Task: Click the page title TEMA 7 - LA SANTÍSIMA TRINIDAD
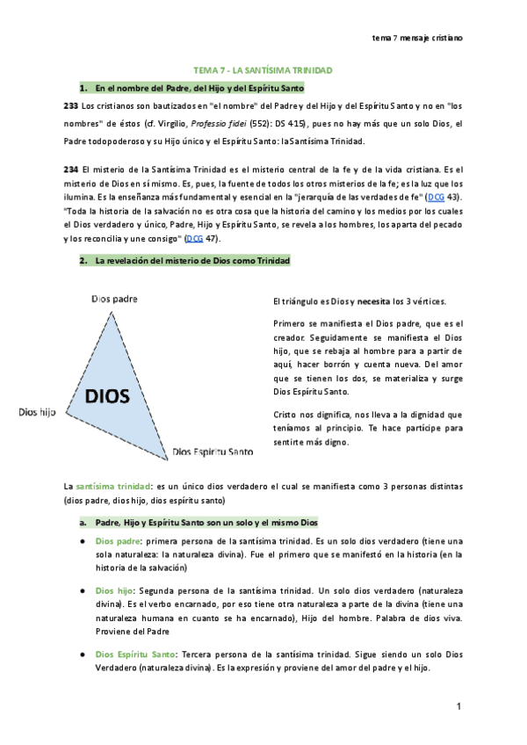point(263,69)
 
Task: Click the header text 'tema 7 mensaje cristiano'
point(417,38)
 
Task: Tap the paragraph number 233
point(71,105)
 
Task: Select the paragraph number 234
point(71,168)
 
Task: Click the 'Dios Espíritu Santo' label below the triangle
point(213,452)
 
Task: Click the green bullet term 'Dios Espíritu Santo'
point(134,654)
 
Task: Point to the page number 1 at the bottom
point(458,706)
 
